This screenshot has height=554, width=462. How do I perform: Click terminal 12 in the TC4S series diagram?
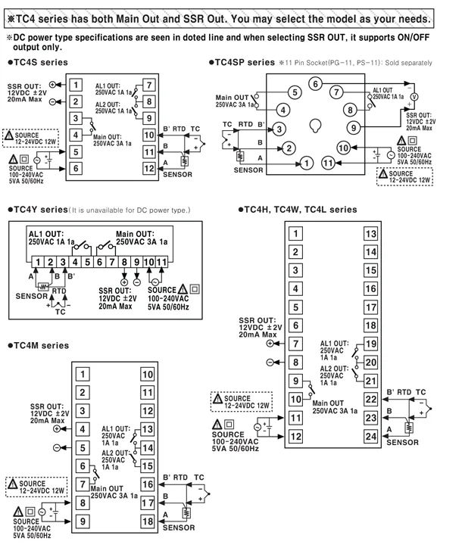tap(148, 168)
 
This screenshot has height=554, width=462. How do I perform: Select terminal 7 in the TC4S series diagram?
tap(148, 86)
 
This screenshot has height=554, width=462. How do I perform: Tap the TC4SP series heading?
tap(242, 62)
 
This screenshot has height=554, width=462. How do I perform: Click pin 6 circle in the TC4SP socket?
tap(314, 83)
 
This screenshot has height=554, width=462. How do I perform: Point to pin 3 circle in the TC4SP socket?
tap(279, 129)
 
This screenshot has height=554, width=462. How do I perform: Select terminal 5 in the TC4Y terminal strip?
tap(88, 262)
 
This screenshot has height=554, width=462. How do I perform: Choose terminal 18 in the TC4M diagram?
tap(148, 521)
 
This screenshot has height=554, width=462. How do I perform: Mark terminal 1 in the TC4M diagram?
tap(83, 374)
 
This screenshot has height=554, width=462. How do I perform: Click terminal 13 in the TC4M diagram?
tap(148, 429)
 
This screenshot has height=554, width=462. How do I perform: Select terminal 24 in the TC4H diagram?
tap(370, 435)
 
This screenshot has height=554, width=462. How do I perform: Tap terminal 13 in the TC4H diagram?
tap(370, 234)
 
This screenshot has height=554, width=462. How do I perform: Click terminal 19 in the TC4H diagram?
tap(370, 344)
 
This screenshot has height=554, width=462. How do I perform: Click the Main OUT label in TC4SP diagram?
tap(233, 97)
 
